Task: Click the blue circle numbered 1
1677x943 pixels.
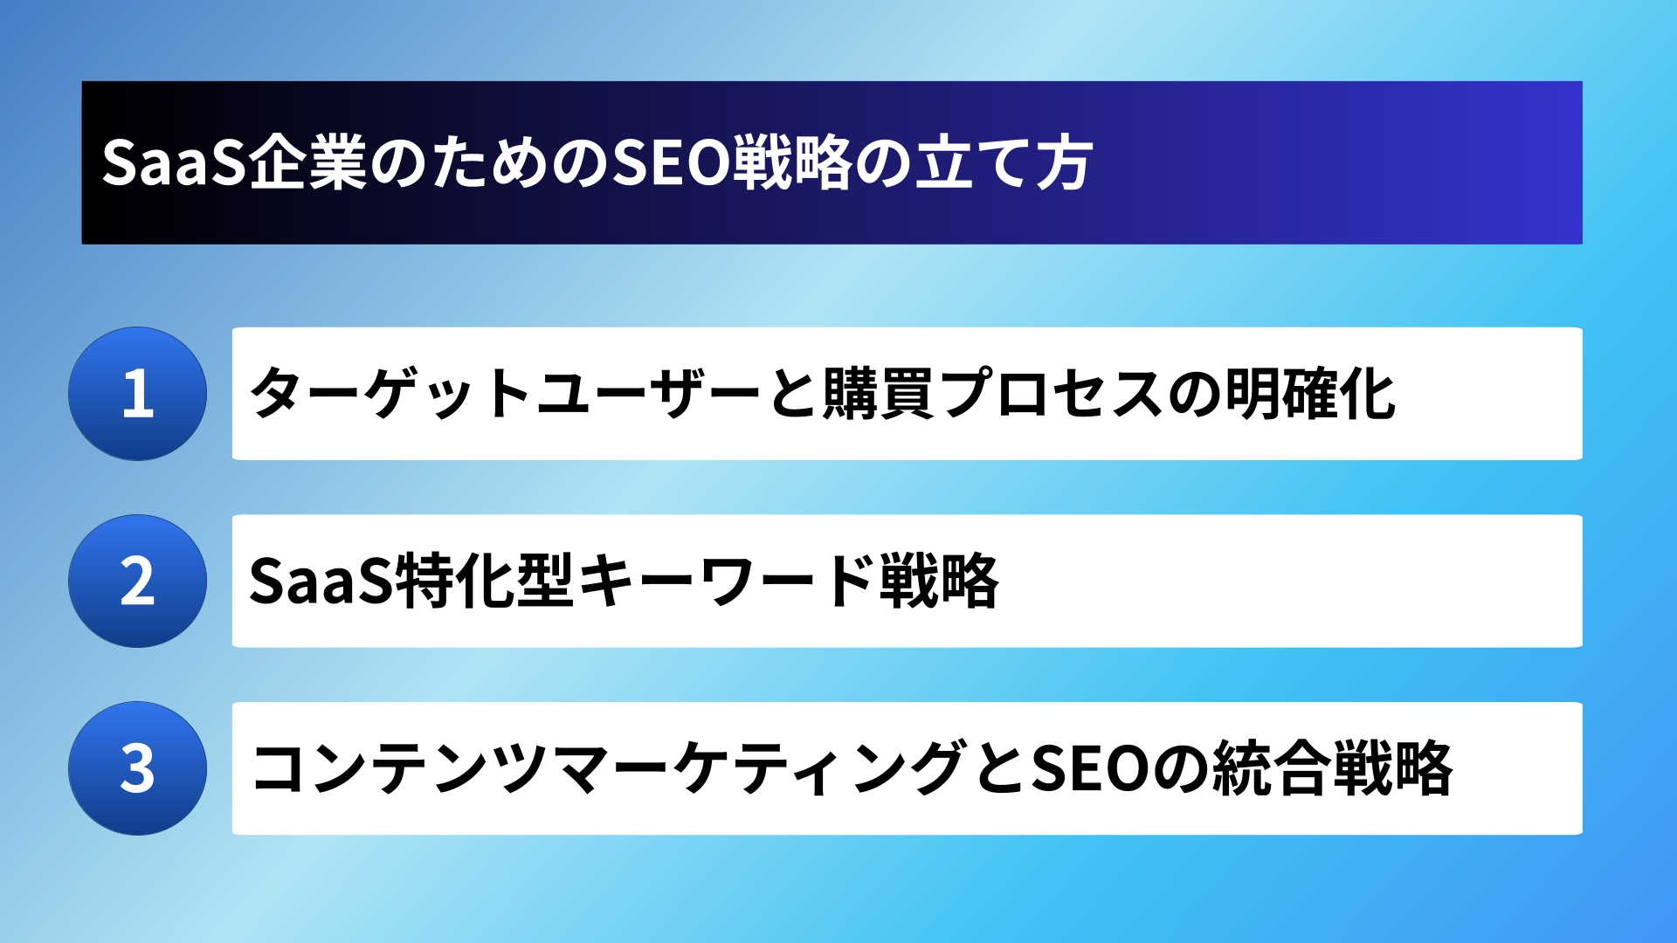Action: (x=138, y=394)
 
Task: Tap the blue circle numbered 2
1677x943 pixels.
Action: (x=138, y=581)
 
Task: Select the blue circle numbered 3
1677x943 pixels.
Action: (x=138, y=768)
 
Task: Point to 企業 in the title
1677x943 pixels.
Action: (x=307, y=163)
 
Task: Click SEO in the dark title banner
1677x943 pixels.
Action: (x=670, y=163)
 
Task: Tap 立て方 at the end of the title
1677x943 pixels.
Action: (x=1004, y=163)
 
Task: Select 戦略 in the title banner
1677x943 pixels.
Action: (x=791, y=163)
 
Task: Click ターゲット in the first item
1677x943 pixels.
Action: (x=390, y=394)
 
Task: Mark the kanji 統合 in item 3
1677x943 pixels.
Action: (x=1271, y=768)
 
